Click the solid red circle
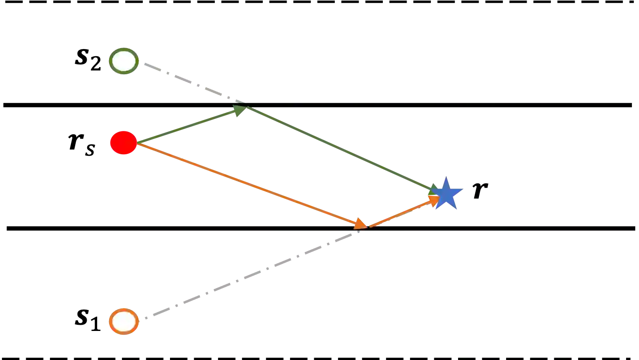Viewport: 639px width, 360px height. tap(123, 142)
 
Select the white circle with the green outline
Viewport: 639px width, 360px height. tap(124, 61)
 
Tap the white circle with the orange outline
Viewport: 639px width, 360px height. tap(124, 321)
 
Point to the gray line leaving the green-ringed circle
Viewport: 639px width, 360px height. tap(190, 81)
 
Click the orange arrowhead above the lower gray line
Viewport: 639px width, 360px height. tap(361, 223)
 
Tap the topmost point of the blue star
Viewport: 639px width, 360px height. tap(447, 177)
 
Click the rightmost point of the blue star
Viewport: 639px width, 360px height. tap(463, 191)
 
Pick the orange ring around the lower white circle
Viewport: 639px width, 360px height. tap(111, 321)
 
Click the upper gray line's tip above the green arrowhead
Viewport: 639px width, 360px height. tap(245, 101)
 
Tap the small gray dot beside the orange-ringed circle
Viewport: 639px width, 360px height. tap(147, 318)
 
